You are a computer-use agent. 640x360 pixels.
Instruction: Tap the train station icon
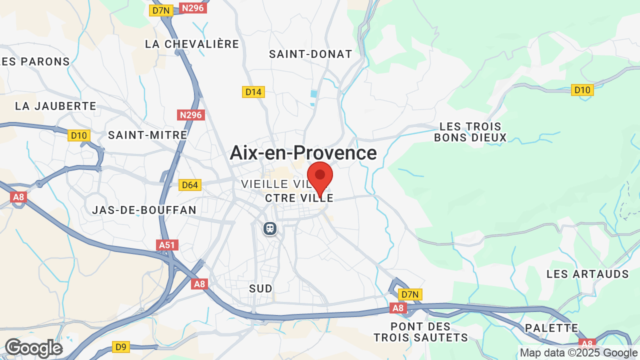click(270, 228)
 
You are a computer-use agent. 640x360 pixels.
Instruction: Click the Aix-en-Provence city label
click(303, 153)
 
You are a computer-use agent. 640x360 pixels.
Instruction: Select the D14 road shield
click(253, 92)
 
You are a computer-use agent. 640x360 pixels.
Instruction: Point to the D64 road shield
click(190, 185)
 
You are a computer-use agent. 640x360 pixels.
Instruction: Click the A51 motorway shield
click(167, 245)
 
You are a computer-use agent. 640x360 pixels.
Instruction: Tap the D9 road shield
click(121, 346)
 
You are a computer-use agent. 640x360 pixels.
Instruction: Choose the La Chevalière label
click(192, 44)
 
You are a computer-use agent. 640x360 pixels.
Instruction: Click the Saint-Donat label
click(310, 54)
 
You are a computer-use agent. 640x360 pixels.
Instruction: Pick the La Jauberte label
click(55, 106)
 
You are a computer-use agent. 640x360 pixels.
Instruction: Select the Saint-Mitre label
click(147, 135)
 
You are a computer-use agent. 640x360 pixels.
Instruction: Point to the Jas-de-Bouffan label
click(144, 210)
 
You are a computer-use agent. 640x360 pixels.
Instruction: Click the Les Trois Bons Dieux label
click(470, 132)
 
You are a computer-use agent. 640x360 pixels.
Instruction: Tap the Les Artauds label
click(587, 274)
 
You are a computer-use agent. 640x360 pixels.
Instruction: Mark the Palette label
click(552, 328)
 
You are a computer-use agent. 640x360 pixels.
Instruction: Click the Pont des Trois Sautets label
click(421, 332)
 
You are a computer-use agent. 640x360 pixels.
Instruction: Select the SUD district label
click(261, 288)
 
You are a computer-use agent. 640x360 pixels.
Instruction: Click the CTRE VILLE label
click(299, 198)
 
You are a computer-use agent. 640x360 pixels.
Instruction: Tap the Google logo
click(33, 348)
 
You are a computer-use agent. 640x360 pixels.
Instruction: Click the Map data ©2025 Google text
click(579, 353)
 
